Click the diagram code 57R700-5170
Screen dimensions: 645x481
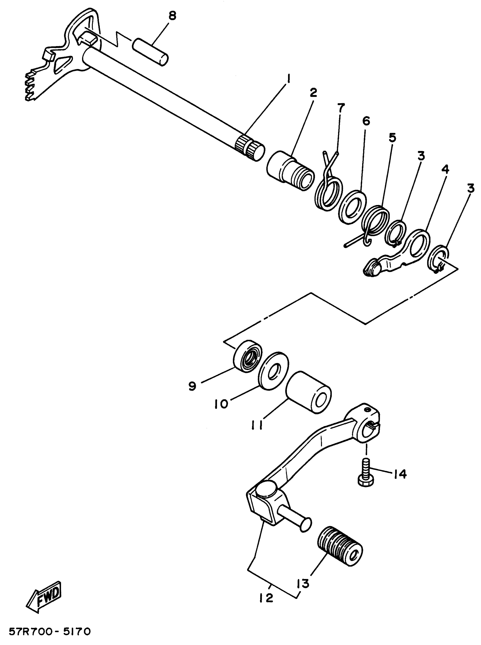(50, 632)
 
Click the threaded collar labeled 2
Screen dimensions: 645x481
(290, 170)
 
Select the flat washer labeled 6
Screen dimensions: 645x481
(353, 207)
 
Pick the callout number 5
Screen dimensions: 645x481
(392, 138)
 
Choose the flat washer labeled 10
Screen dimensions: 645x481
(273, 371)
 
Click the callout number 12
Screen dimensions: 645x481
(266, 598)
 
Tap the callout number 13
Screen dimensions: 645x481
(303, 584)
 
